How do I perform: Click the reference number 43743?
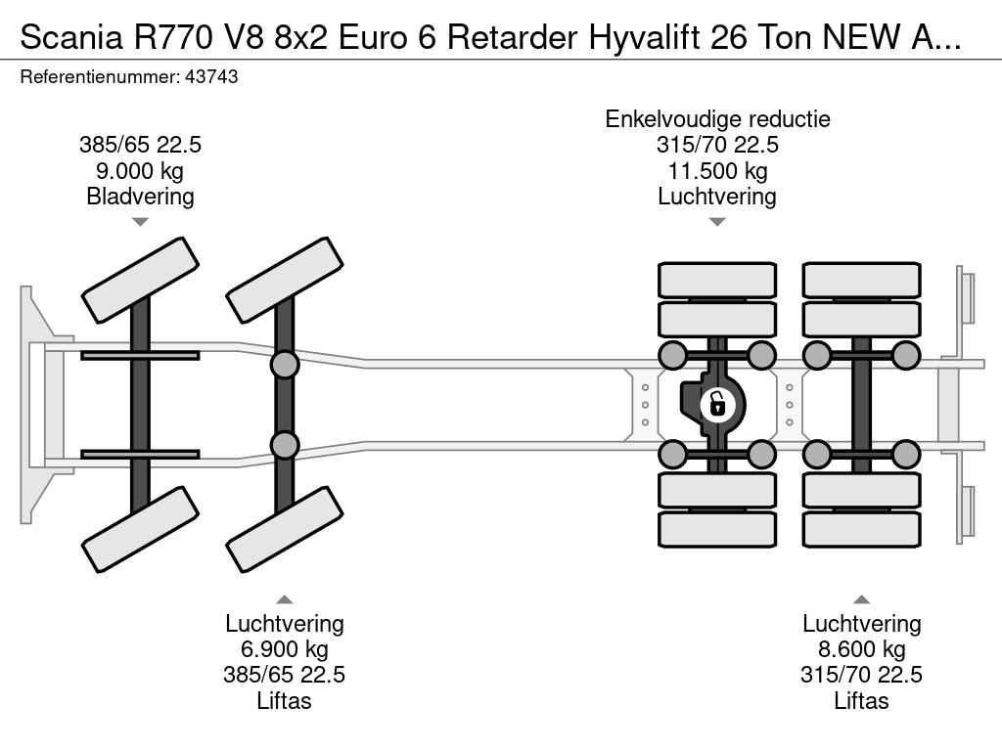[x=210, y=76]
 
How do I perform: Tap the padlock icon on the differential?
[x=717, y=403]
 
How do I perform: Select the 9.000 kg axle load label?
[x=140, y=171]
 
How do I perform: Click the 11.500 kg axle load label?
[x=716, y=171]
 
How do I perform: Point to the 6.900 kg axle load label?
[x=284, y=649]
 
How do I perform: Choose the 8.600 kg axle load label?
[x=861, y=649]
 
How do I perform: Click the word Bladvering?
[x=140, y=197]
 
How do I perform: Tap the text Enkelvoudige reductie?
[x=717, y=119]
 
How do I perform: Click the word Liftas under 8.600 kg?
[x=861, y=700]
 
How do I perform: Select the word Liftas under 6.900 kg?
[x=284, y=700]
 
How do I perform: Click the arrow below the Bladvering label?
[x=140, y=222]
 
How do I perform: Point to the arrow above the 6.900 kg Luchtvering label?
[x=284, y=599]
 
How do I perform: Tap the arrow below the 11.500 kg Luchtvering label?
[x=716, y=222]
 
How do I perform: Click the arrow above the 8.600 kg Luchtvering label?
[x=861, y=599]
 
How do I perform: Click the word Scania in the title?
[x=65, y=37]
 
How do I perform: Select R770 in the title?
[x=159, y=37]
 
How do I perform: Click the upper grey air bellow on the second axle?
[x=284, y=365]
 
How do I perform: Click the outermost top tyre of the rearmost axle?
[x=861, y=280]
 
